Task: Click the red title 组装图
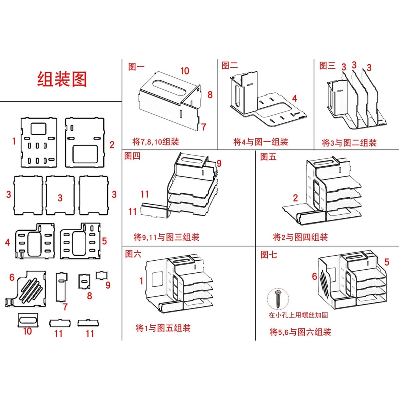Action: (x=62, y=79)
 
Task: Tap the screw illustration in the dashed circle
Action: (x=278, y=298)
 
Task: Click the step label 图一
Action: (x=136, y=67)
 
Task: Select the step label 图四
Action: (x=132, y=156)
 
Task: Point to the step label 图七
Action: (x=268, y=254)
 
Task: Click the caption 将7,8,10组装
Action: (x=155, y=141)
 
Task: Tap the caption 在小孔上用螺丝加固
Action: (x=298, y=315)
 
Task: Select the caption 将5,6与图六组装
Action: (x=300, y=332)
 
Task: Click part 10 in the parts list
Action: (x=28, y=320)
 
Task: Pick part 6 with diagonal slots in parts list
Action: (x=25, y=289)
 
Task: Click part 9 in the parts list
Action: (x=102, y=275)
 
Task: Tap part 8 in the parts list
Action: (x=84, y=281)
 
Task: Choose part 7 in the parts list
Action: (x=62, y=287)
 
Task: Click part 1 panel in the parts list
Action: (x=39, y=143)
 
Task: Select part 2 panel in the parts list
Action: (x=85, y=143)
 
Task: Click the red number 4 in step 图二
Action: (x=295, y=98)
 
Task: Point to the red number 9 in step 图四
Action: (x=219, y=163)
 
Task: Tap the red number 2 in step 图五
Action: (x=295, y=198)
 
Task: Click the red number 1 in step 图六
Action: (x=141, y=281)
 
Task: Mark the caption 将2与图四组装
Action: (x=300, y=237)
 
